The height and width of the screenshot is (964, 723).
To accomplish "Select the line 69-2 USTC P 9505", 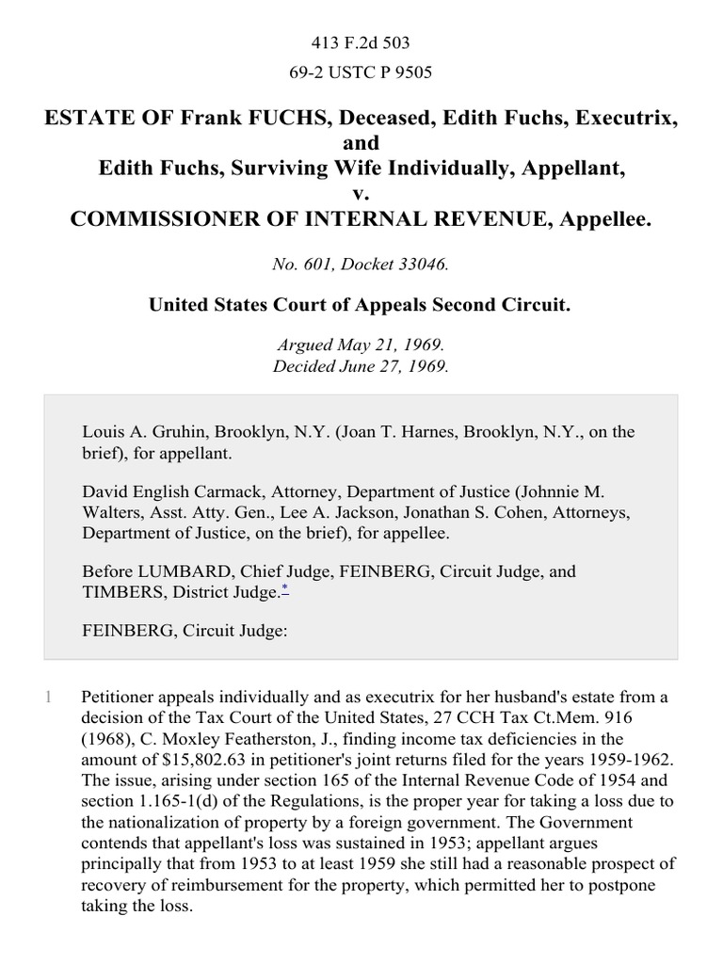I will pyautogui.click(x=361, y=71).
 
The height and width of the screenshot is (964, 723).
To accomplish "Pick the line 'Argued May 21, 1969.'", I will pyautogui.click(x=361, y=345).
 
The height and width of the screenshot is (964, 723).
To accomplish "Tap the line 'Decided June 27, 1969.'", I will pyautogui.click(x=361, y=366).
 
